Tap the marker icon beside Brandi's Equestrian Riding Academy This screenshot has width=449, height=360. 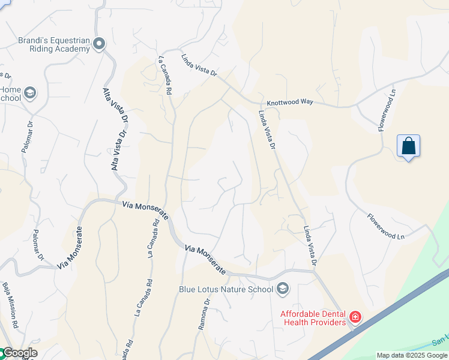point(99,43)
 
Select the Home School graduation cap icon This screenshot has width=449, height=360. point(30,93)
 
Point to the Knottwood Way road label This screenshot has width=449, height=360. point(290,103)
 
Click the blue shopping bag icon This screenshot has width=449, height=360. point(408,146)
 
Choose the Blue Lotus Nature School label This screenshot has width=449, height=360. point(226,289)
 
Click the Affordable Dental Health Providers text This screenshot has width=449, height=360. point(313,318)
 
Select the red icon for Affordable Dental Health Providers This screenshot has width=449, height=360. point(355,316)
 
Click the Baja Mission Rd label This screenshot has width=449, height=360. point(11,303)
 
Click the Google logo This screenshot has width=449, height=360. point(19,353)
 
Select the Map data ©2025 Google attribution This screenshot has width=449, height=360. point(412,355)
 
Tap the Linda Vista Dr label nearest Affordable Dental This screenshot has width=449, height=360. point(310,246)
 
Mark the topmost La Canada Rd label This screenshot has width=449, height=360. point(166,74)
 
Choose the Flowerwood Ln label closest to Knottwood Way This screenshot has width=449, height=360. point(388,111)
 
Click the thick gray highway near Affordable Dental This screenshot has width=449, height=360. point(384,318)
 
